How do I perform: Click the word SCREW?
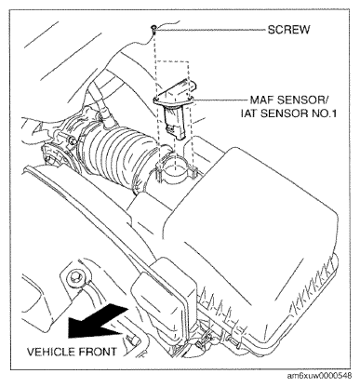(x=288, y=30)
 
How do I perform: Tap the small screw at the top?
(x=154, y=29)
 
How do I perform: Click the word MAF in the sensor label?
(x=261, y=100)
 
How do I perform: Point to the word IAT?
(x=248, y=113)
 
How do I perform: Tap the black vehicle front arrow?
(x=99, y=320)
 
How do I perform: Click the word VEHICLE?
(x=51, y=352)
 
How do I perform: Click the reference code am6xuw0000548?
(x=319, y=376)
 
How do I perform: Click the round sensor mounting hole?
(x=175, y=172)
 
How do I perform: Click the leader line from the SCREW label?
(x=211, y=30)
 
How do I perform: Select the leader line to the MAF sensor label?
(x=221, y=100)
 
